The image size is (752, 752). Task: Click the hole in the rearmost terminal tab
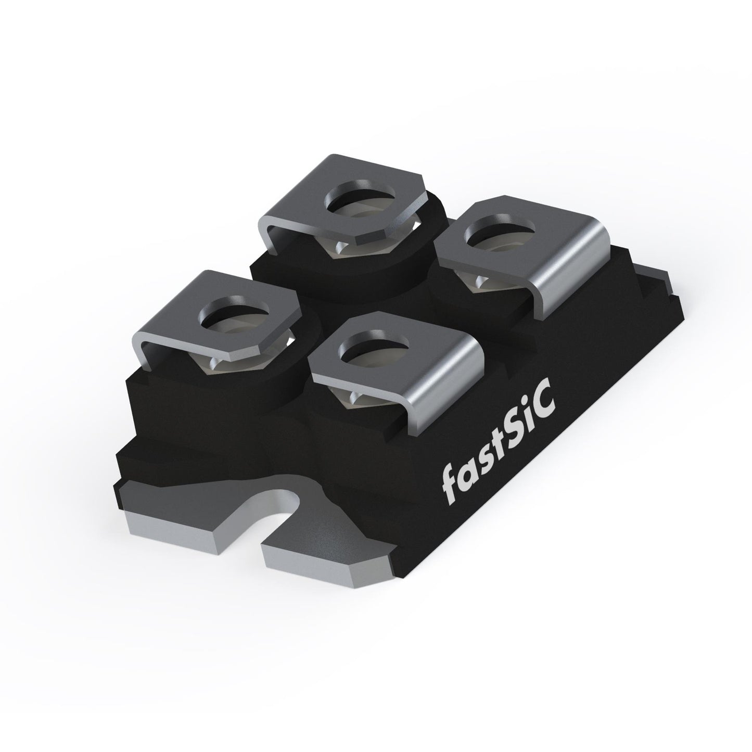point(361,197)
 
